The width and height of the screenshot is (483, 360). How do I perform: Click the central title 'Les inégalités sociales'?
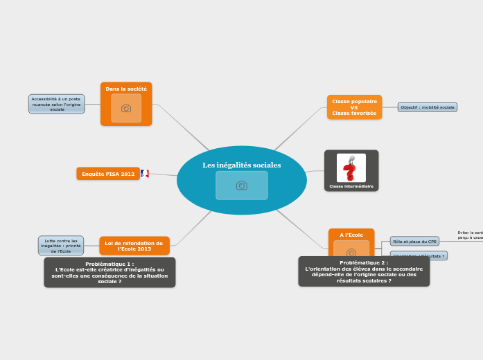pos(241,165)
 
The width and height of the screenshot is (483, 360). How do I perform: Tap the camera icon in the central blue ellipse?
pos(241,186)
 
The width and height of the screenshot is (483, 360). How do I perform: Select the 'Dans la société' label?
pos(126,89)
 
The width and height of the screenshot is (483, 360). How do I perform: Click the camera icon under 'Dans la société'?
pos(126,108)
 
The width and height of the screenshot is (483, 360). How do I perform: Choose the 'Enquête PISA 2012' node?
pos(108,174)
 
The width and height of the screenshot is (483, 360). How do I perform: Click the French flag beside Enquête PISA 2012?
pos(145,174)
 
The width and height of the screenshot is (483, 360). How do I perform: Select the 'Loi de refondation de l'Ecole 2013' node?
pos(134,246)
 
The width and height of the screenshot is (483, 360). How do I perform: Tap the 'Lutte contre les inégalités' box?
pos(61,246)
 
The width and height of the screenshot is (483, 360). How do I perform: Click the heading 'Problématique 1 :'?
pos(109,264)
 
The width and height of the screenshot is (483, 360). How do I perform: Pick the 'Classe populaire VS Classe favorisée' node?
pos(354,107)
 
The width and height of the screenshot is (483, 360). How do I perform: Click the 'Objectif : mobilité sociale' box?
pos(428,107)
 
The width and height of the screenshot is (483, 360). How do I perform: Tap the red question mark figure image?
pos(351,168)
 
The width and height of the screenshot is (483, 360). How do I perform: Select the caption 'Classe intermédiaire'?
pos(351,186)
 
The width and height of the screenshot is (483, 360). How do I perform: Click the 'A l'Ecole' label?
pos(351,235)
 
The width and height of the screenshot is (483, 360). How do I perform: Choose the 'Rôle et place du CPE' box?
pos(414,242)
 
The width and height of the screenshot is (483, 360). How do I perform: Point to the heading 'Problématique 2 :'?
pos(364,263)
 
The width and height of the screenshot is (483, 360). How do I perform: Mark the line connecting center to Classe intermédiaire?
pos(315,171)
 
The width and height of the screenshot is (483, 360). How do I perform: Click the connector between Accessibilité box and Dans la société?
pos(92,105)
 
